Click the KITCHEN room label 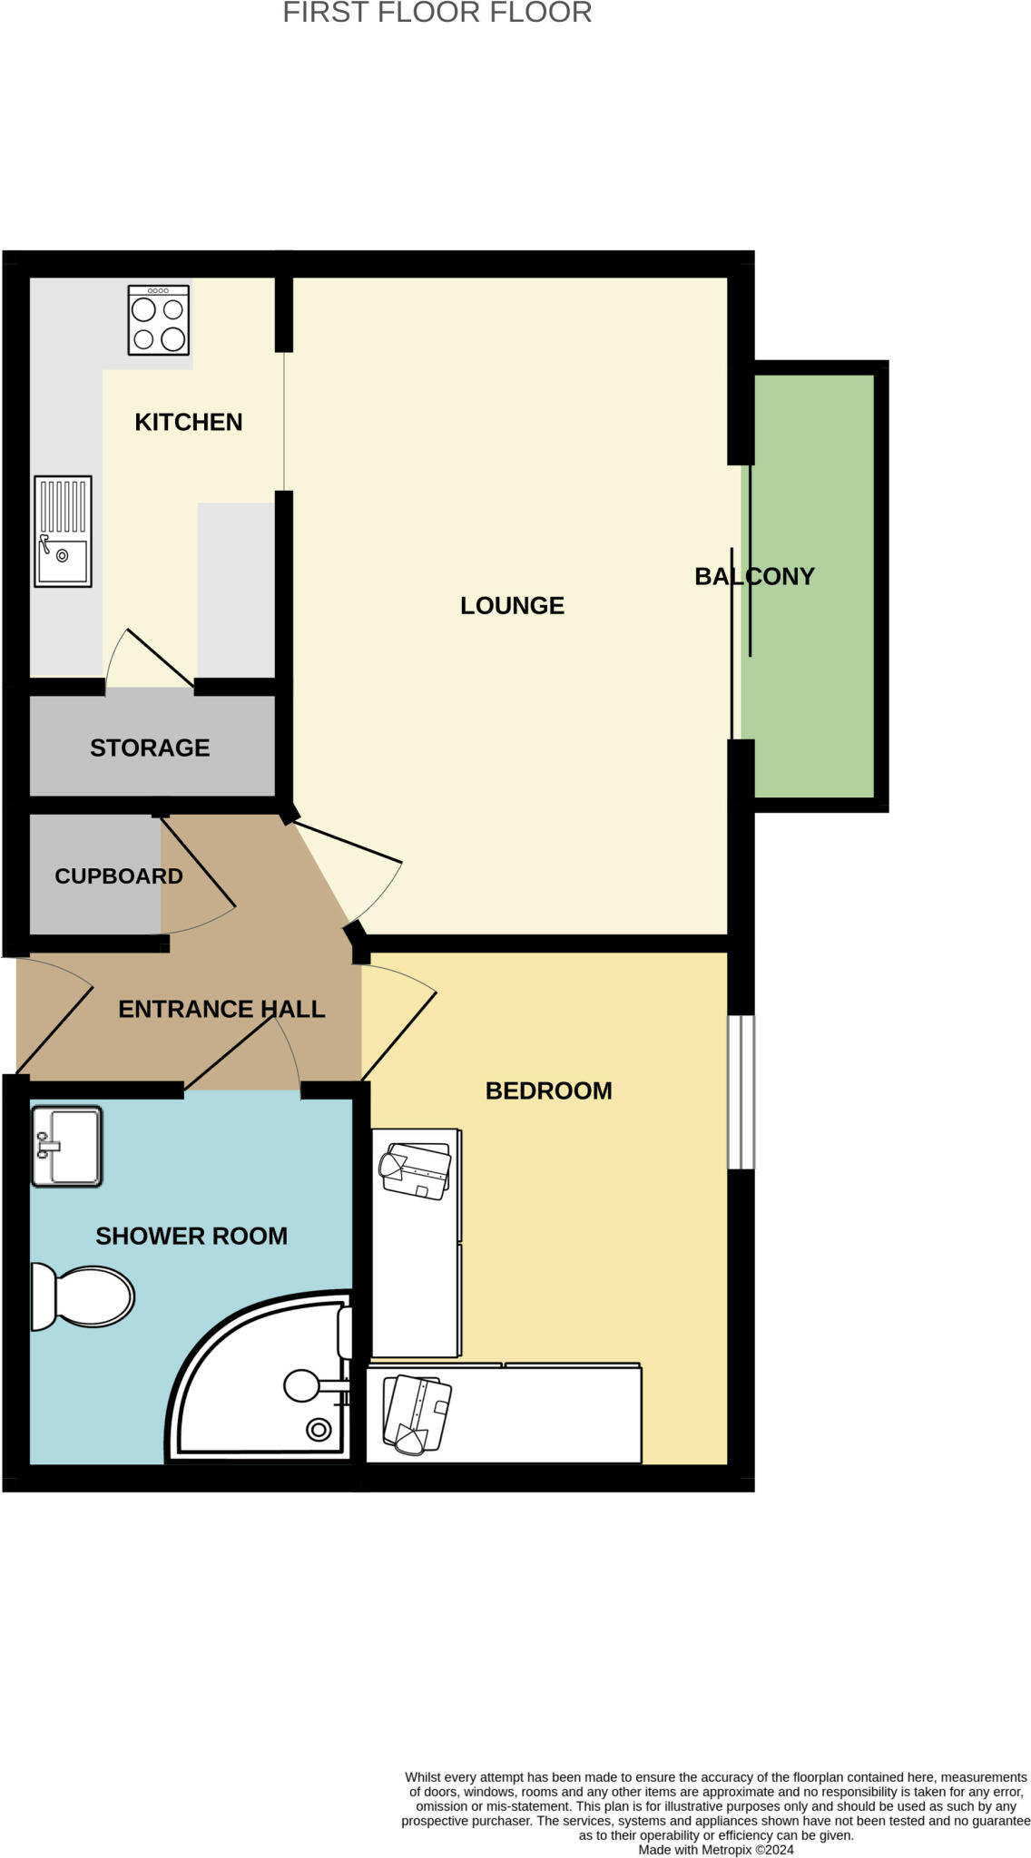188,422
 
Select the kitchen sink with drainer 63,531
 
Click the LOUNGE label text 512,605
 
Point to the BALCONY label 754,576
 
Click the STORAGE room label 150,748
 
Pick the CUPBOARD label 118,876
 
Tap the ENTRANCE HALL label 221,1009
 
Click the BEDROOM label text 548,1090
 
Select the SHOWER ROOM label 191,1236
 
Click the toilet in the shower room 83,1296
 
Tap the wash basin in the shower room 66,1146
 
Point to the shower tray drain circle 319,1431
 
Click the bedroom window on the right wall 741,1091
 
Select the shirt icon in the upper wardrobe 416,1171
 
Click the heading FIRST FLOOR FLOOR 437,13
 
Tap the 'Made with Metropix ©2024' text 715,1850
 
